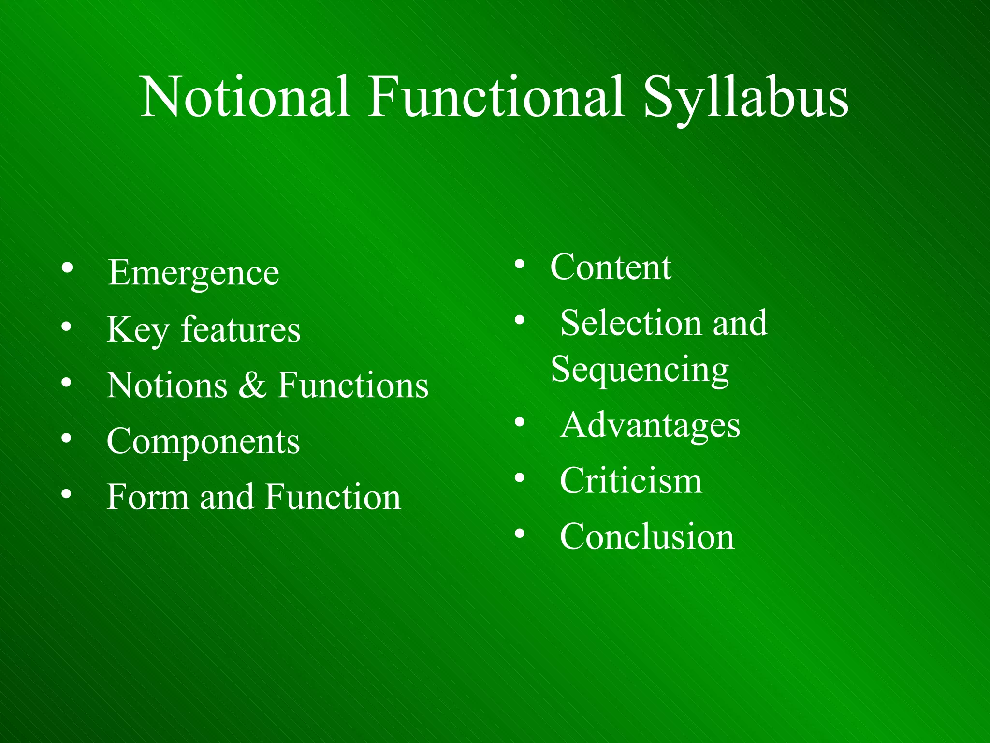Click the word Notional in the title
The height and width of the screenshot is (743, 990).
coord(245,97)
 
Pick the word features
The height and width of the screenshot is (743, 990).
coord(240,329)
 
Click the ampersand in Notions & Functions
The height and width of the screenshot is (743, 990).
coord(252,386)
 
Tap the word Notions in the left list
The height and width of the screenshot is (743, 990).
coord(167,386)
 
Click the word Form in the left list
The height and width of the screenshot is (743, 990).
coord(147,497)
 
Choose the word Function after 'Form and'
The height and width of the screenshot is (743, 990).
coord(333,497)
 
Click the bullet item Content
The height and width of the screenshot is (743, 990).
coord(611,267)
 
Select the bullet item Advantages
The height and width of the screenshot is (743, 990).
coord(650,426)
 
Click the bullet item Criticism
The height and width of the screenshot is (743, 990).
coord(631,481)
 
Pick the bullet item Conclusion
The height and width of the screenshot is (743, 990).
coord(647,536)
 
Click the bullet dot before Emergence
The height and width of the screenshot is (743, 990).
coord(67,267)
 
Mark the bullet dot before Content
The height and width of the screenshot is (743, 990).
coord(520,264)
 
